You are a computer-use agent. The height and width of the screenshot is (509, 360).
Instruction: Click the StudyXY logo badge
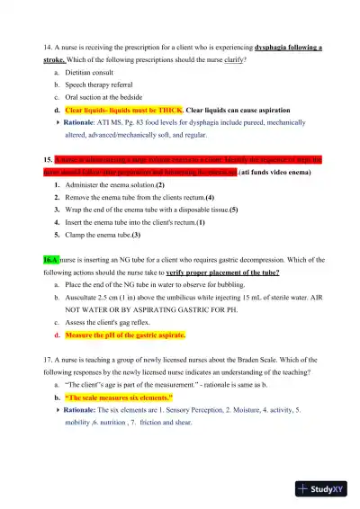coord(327,489)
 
